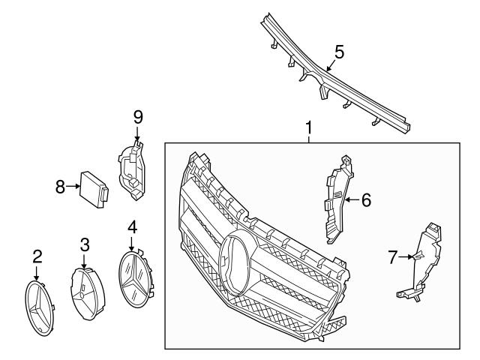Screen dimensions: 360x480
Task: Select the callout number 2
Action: click(37, 257)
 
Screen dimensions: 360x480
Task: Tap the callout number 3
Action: click(85, 244)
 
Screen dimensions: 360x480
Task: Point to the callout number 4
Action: click(132, 226)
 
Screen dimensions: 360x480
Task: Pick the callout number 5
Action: click(339, 52)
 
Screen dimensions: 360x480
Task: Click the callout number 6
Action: click(366, 200)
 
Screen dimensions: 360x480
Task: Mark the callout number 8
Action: click(61, 187)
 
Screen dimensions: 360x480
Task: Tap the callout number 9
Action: click(137, 117)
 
